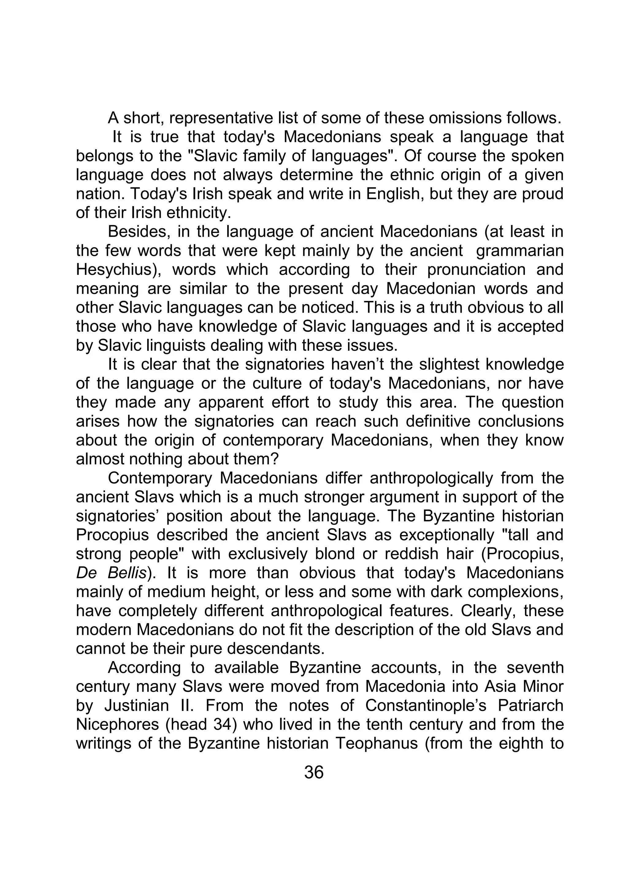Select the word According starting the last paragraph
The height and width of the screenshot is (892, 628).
pos(144,668)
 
